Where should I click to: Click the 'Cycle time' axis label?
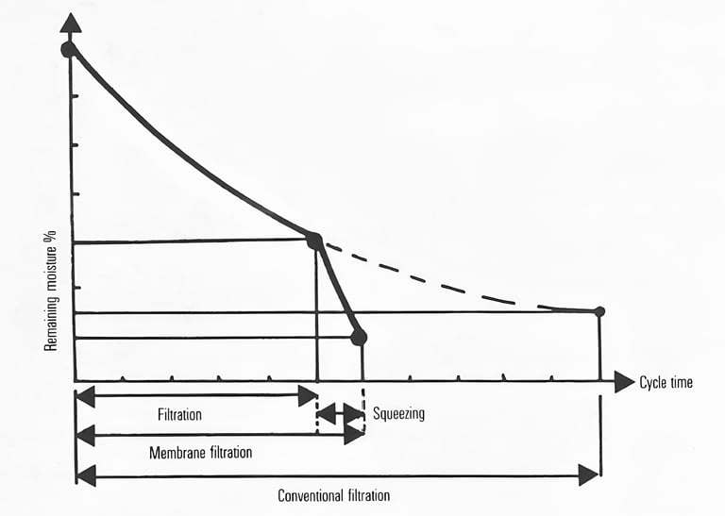[x=666, y=383]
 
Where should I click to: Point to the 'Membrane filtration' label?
[x=201, y=452]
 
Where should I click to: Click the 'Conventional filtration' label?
[x=333, y=495]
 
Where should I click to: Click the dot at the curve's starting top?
[x=69, y=49]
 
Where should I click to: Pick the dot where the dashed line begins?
[x=314, y=241]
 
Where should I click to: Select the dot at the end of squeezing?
[x=359, y=337]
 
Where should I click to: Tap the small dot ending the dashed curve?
[x=599, y=311]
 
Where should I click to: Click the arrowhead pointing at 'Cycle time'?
[x=623, y=381]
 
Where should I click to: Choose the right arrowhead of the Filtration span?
[x=308, y=396]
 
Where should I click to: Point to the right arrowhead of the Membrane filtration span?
[x=354, y=435]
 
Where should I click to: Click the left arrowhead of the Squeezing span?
[x=325, y=413]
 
